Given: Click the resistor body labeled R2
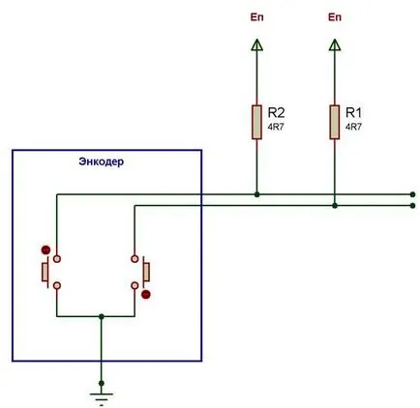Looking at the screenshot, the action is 256,122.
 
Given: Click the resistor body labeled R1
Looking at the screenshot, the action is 335,122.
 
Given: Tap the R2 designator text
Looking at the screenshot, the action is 277,113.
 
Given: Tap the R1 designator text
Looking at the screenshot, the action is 354,113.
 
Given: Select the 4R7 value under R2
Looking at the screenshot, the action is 276,127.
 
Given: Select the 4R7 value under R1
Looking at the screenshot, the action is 353,127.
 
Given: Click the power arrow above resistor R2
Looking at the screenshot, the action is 256,44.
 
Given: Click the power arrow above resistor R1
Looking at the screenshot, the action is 335,44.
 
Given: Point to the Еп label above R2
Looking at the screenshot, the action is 256,17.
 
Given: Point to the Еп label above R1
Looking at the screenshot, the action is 335,17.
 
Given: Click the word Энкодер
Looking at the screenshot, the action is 102,161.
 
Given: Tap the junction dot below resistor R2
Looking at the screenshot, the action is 256,194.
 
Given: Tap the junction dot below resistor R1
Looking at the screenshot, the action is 335,206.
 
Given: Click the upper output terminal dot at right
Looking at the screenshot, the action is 412,194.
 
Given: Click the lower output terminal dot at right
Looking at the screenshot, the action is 412,206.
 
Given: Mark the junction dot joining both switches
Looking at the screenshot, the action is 102,316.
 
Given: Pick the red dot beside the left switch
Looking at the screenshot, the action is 45,249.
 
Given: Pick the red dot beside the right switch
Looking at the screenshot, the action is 146,294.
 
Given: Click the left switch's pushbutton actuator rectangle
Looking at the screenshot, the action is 45,273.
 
